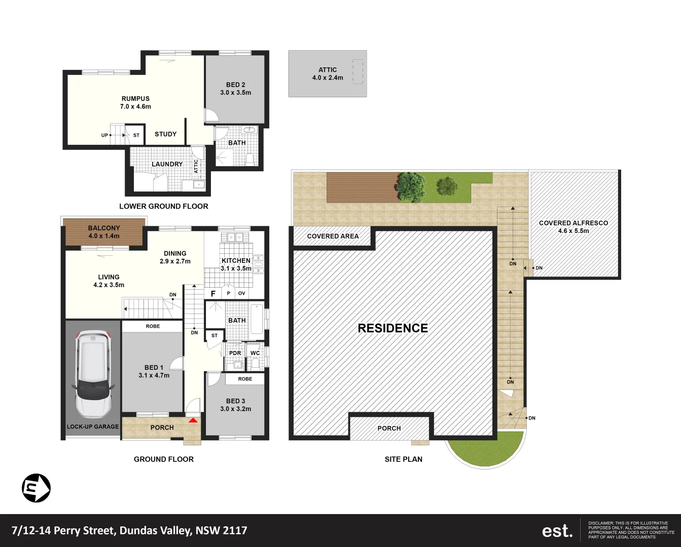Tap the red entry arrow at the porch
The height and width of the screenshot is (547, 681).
[x=193, y=420]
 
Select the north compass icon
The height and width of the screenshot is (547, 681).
[x=36, y=488]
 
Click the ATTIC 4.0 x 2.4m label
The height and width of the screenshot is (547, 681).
[x=328, y=74]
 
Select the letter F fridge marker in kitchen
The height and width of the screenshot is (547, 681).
[x=213, y=294]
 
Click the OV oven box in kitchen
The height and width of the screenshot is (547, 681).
[x=241, y=293]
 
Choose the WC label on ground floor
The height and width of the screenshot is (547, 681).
[x=255, y=353]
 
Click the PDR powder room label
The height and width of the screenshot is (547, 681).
[x=235, y=353]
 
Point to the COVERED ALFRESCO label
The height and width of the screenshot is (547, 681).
[x=573, y=226]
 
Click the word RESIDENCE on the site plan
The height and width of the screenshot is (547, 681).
[x=392, y=328]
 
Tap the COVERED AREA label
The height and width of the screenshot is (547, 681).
[x=333, y=236]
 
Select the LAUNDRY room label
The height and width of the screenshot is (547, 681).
[x=167, y=164]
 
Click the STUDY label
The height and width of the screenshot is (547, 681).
[x=165, y=134]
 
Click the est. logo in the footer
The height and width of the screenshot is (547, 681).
[x=557, y=531]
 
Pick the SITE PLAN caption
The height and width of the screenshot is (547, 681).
[x=403, y=459]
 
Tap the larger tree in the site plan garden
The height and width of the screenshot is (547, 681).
[x=410, y=186]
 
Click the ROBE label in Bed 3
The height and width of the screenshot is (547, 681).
[x=245, y=379]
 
